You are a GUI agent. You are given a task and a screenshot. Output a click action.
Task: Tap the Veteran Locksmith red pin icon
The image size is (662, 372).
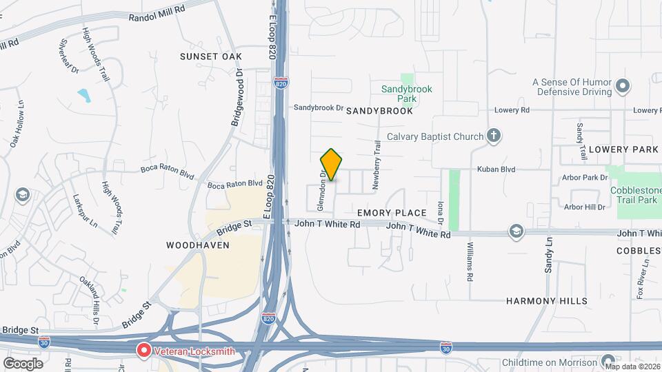click(144, 351)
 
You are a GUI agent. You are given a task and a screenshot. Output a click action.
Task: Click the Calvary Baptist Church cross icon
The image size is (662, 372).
click(493, 136)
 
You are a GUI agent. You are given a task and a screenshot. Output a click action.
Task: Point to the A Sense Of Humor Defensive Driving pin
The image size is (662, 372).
click(623, 87)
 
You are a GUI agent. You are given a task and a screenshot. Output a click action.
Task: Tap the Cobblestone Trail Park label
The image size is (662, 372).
click(634, 195)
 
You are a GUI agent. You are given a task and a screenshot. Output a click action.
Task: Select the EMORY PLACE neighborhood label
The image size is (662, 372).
click(383, 213)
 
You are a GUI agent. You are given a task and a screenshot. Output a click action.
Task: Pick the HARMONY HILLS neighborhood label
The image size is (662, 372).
click(547, 301)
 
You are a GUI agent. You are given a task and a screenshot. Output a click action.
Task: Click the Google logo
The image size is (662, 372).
click(23, 363)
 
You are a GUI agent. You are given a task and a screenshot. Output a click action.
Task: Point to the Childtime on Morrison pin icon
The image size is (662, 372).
click(608, 362)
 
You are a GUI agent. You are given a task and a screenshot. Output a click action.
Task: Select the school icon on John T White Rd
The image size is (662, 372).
click(515, 231)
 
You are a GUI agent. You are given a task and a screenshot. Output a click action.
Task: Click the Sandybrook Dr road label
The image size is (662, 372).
click(318, 107)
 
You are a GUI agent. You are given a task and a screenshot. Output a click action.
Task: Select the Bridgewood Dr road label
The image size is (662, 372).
click(236, 96)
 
